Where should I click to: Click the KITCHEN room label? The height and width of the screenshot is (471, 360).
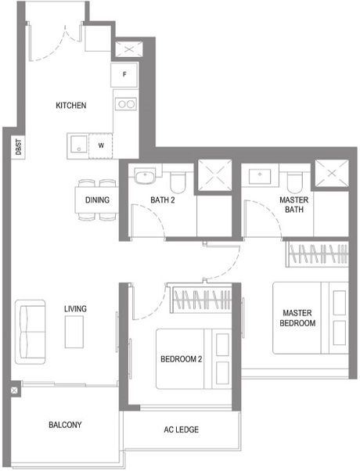(70, 106)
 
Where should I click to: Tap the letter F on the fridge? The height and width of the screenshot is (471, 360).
(124, 74)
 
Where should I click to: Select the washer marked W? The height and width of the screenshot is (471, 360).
(100, 146)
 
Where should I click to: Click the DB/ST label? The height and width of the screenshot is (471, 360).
(17, 146)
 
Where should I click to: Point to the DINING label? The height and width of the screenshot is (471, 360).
(97, 200)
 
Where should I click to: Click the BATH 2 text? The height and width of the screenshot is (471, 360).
(162, 200)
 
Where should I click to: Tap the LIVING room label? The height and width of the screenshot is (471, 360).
(75, 309)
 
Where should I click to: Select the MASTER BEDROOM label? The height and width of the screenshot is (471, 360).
(297, 318)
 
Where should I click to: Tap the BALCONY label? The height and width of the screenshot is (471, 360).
(65, 425)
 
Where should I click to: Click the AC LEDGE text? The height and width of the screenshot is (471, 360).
(181, 430)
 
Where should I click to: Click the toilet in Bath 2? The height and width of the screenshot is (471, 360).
(178, 182)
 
